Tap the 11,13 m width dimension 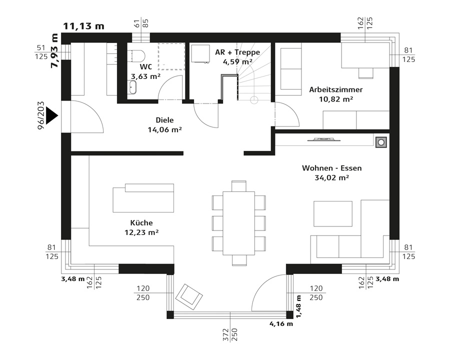pos(83,26)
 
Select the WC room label pos(146,66)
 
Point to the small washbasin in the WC pos(132,87)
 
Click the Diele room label pos(164,120)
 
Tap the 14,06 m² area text pos(164,130)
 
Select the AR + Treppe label pos(237,52)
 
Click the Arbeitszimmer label pos(336,89)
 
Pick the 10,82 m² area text pos(336,99)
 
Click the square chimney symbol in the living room pos(381,142)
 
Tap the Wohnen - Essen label pos(332,168)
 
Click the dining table pos(239,223)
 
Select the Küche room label pos(141,223)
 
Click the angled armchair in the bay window pos(189,297)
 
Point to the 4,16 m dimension pos(281,324)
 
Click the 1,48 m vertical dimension pos(299,306)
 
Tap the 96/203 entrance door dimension pos(41,115)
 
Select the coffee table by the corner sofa pos(333,213)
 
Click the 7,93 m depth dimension pos(54,51)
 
